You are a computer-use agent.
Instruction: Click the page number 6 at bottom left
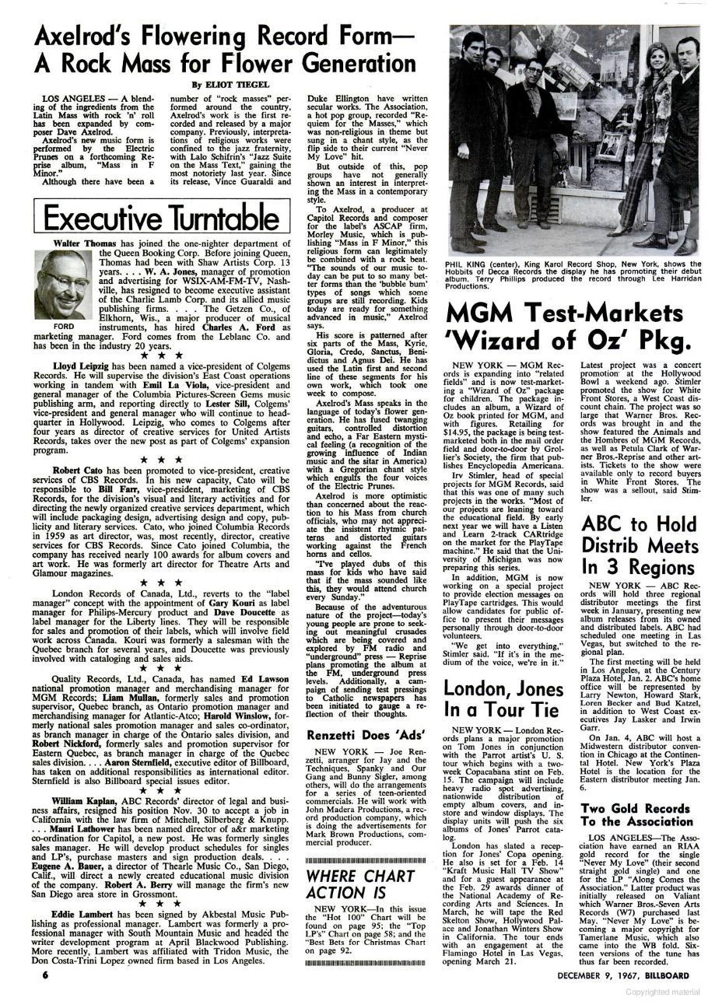click(x=46, y=975)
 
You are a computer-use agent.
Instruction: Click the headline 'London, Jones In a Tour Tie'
click(x=503, y=698)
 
